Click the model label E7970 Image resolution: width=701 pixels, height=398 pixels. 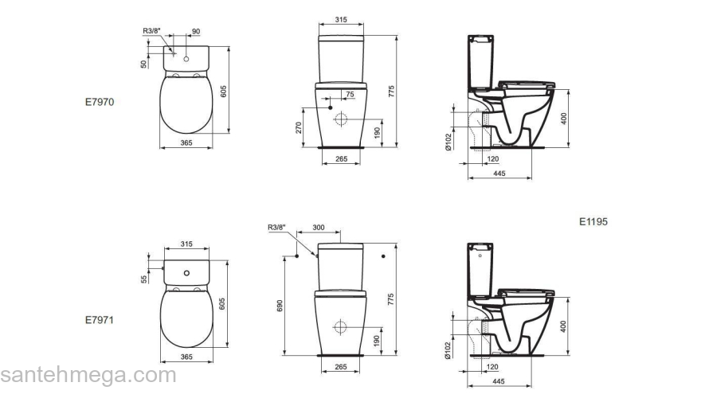tap(100, 102)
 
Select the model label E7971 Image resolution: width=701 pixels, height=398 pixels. tap(100, 320)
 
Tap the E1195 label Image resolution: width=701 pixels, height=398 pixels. tap(593, 221)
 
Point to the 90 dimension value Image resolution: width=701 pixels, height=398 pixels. tap(196, 32)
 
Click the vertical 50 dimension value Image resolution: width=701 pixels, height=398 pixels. tap(144, 64)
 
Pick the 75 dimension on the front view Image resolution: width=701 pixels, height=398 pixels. tap(350, 94)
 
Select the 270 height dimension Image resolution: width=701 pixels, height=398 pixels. tap(299, 127)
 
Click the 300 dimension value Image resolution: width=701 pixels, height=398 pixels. tap(319, 228)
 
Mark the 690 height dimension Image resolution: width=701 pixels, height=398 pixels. tap(280, 306)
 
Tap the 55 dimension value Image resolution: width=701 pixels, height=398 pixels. tap(144, 279)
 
